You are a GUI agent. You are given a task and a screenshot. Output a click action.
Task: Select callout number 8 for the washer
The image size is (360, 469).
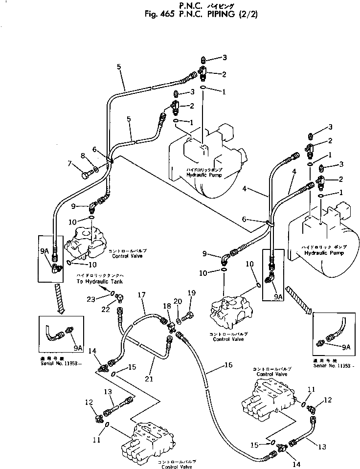83,156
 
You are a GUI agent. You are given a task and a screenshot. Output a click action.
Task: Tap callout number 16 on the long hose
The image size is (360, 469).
228,364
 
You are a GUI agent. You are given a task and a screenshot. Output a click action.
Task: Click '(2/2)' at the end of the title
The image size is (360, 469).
247,14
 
